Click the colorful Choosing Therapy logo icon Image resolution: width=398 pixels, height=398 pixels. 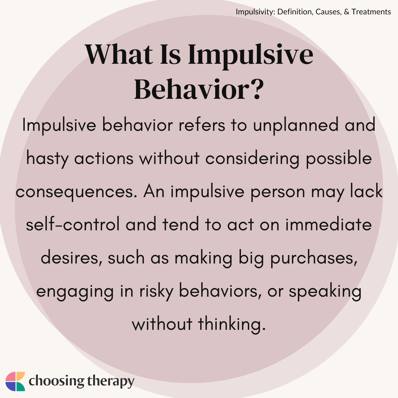[x=15, y=381]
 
